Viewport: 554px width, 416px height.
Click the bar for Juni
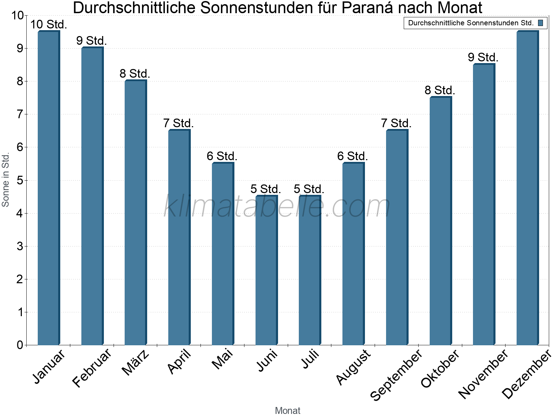point(266,270)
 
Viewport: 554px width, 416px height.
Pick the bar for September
point(397,237)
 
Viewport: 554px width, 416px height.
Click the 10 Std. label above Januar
point(48,25)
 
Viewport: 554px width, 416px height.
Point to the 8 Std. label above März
point(135,74)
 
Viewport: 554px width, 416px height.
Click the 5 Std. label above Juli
point(309,189)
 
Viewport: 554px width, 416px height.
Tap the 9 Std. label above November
point(483,57)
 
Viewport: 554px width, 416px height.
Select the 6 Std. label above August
point(352,156)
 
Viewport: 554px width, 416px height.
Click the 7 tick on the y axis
point(20,114)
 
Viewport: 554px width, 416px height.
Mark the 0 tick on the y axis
point(20,345)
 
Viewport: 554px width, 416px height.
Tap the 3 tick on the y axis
point(20,246)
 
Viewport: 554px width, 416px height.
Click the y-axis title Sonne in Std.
point(6,180)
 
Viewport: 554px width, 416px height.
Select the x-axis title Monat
point(287,410)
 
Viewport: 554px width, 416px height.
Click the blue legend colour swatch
point(540,23)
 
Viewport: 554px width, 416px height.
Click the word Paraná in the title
point(367,8)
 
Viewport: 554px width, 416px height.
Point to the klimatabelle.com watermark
point(277,206)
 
